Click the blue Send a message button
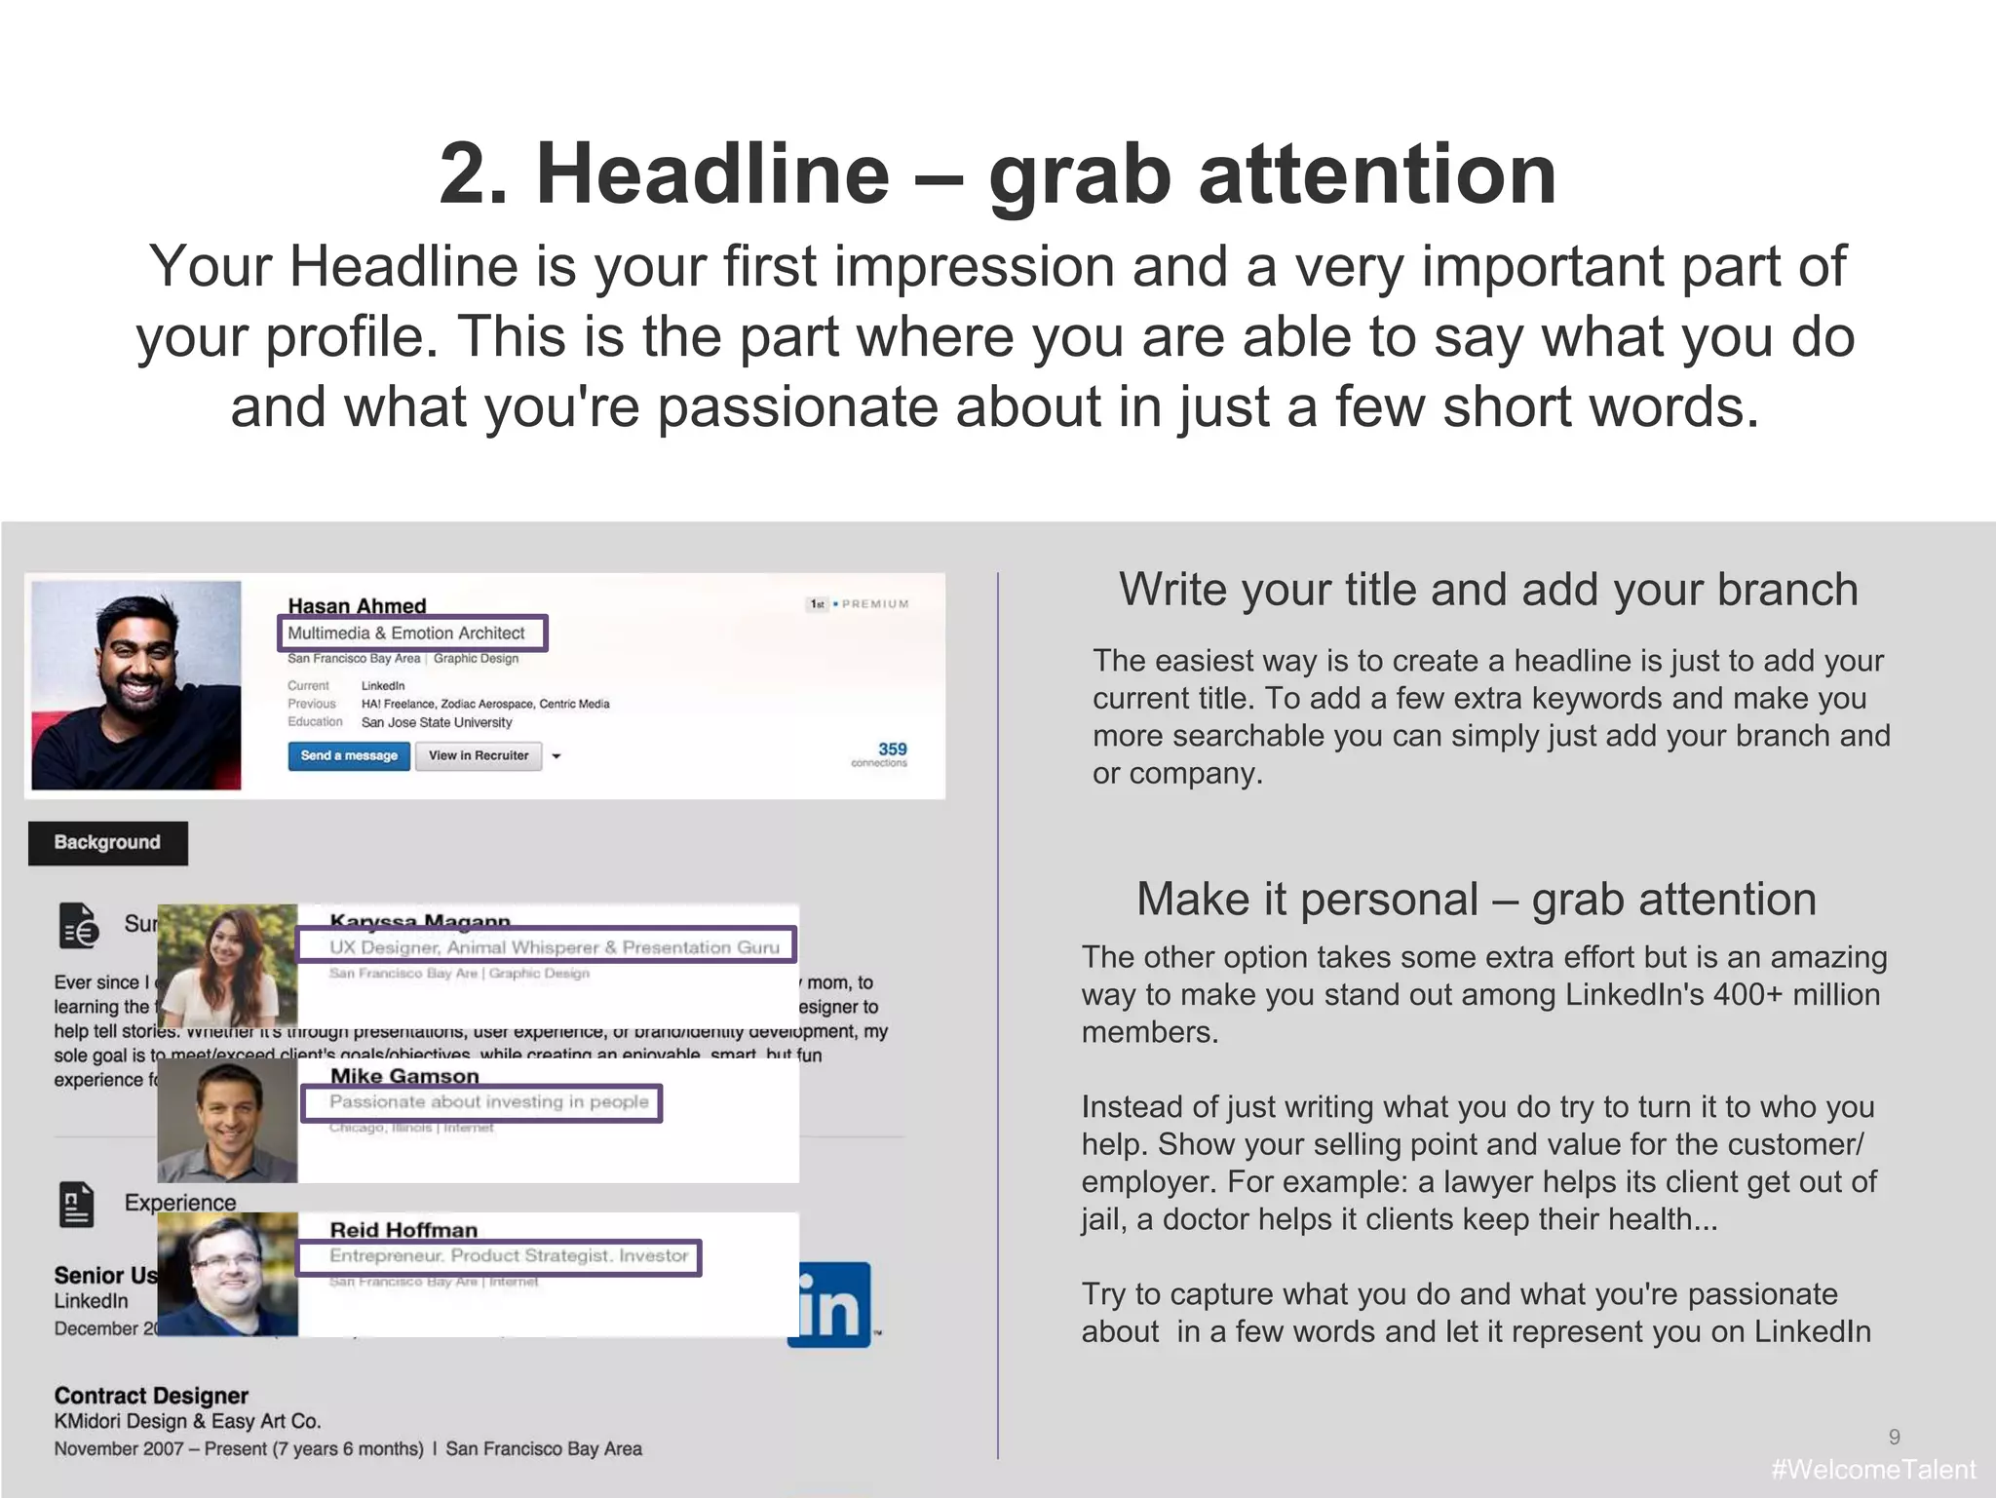click(x=348, y=755)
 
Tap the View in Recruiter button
click(x=478, y=755)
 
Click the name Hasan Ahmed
click(x=357, y=605)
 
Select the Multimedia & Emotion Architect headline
click(x=406, y=633)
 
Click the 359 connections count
click(x=890, y=749)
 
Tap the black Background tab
click(x=107, y=842)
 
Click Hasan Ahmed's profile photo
click(x=136, y=685)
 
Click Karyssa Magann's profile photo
click(x=227, y=965)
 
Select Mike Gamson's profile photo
click(x=227, y=1120)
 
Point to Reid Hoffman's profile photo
click(x=227, y=1274)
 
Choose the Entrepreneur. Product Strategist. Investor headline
click(x=508, y=1256)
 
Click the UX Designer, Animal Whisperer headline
click(x=554, y=947)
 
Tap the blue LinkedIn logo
click(x=828, y=1306)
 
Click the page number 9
click(x=1894, y=1437)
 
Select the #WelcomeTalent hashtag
click(x=1872, y=1470)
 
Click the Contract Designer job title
click(x=151, y=1396)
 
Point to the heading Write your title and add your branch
click(x=1487, y=590)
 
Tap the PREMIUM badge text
click(x=874, y=604)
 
